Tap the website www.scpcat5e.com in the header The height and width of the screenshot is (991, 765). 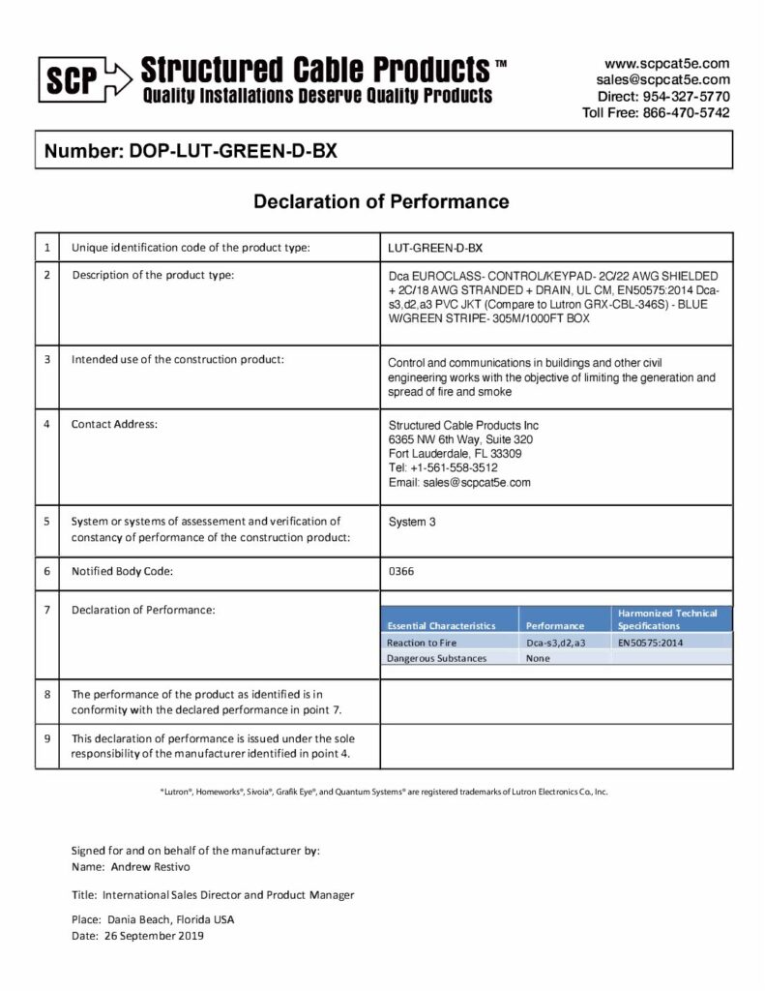[666, 63]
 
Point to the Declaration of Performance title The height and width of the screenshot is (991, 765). [381, 202]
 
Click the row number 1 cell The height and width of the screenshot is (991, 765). [46, 248]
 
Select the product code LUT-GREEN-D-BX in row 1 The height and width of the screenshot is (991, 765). [434, 248]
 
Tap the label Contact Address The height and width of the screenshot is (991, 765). [114, 424]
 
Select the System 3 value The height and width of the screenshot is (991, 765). [412, 522]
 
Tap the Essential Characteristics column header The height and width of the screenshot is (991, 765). [441, 625]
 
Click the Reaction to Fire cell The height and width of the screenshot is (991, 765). [422, 642]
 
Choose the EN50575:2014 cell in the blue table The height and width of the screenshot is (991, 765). [651, 642]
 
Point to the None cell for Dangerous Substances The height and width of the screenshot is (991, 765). [538, 658]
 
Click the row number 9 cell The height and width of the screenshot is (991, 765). [46, 737]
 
